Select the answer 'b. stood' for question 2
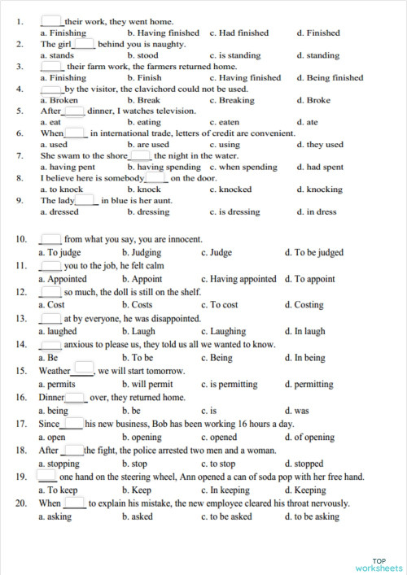pos(142,55)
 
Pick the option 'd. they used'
pos(320,145)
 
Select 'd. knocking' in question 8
pos(319,189)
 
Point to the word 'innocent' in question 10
pos(180,240)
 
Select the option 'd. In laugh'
pos(305,332)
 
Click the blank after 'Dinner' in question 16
pos(76,398)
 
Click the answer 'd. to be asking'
pos(317,516)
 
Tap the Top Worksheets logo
pos(379,563)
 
